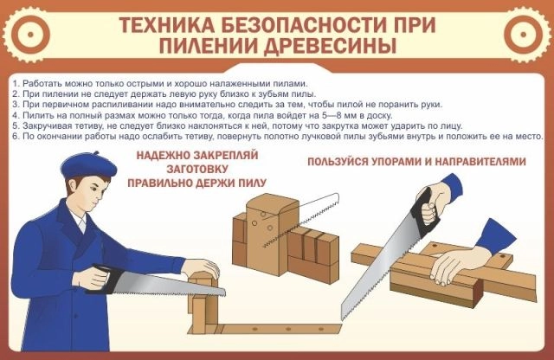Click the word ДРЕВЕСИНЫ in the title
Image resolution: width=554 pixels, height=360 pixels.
tap(331, 46)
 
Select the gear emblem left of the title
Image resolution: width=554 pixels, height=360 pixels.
tap(30, 35)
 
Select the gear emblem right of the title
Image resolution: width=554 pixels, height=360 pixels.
tap(523, 35)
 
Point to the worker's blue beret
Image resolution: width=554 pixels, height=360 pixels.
tap(88, 165)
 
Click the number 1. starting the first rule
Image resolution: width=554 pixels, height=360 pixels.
tap(16, 84)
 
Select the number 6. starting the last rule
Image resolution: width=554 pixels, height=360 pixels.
tap(16, 137)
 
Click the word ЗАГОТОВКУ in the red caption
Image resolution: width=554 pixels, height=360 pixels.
tap(197, 169)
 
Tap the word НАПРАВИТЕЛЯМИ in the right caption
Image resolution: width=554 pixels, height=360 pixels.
tap(480, 162)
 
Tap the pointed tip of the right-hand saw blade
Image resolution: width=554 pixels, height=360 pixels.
tap(343, 319)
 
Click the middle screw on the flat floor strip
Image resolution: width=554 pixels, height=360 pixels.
tap(288, 329)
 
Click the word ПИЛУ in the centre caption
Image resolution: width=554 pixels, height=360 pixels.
tap(252, 183)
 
